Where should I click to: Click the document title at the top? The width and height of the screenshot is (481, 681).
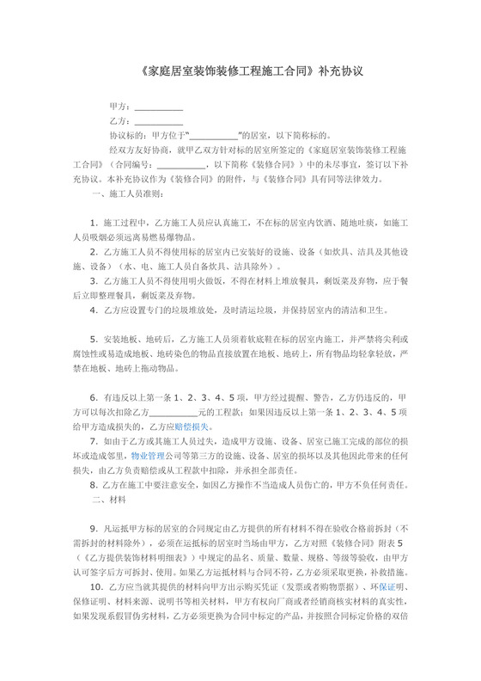point(240,72)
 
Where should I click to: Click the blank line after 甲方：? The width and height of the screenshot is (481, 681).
point(159,107)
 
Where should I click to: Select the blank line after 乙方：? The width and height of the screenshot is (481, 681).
point(159,122)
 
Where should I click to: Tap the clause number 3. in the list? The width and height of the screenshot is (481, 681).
point(94,281)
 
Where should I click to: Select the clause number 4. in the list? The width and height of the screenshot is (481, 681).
point(94,310)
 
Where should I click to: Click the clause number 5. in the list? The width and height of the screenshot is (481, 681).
point(94,340)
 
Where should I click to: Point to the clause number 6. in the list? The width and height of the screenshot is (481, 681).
point(94,398)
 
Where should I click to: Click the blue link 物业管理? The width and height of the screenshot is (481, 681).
point(148,457)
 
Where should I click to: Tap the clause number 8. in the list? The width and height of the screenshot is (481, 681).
point(94,486)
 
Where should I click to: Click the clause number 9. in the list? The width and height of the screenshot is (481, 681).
point(94,530)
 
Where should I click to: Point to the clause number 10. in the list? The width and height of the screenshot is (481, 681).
point(96,587)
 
